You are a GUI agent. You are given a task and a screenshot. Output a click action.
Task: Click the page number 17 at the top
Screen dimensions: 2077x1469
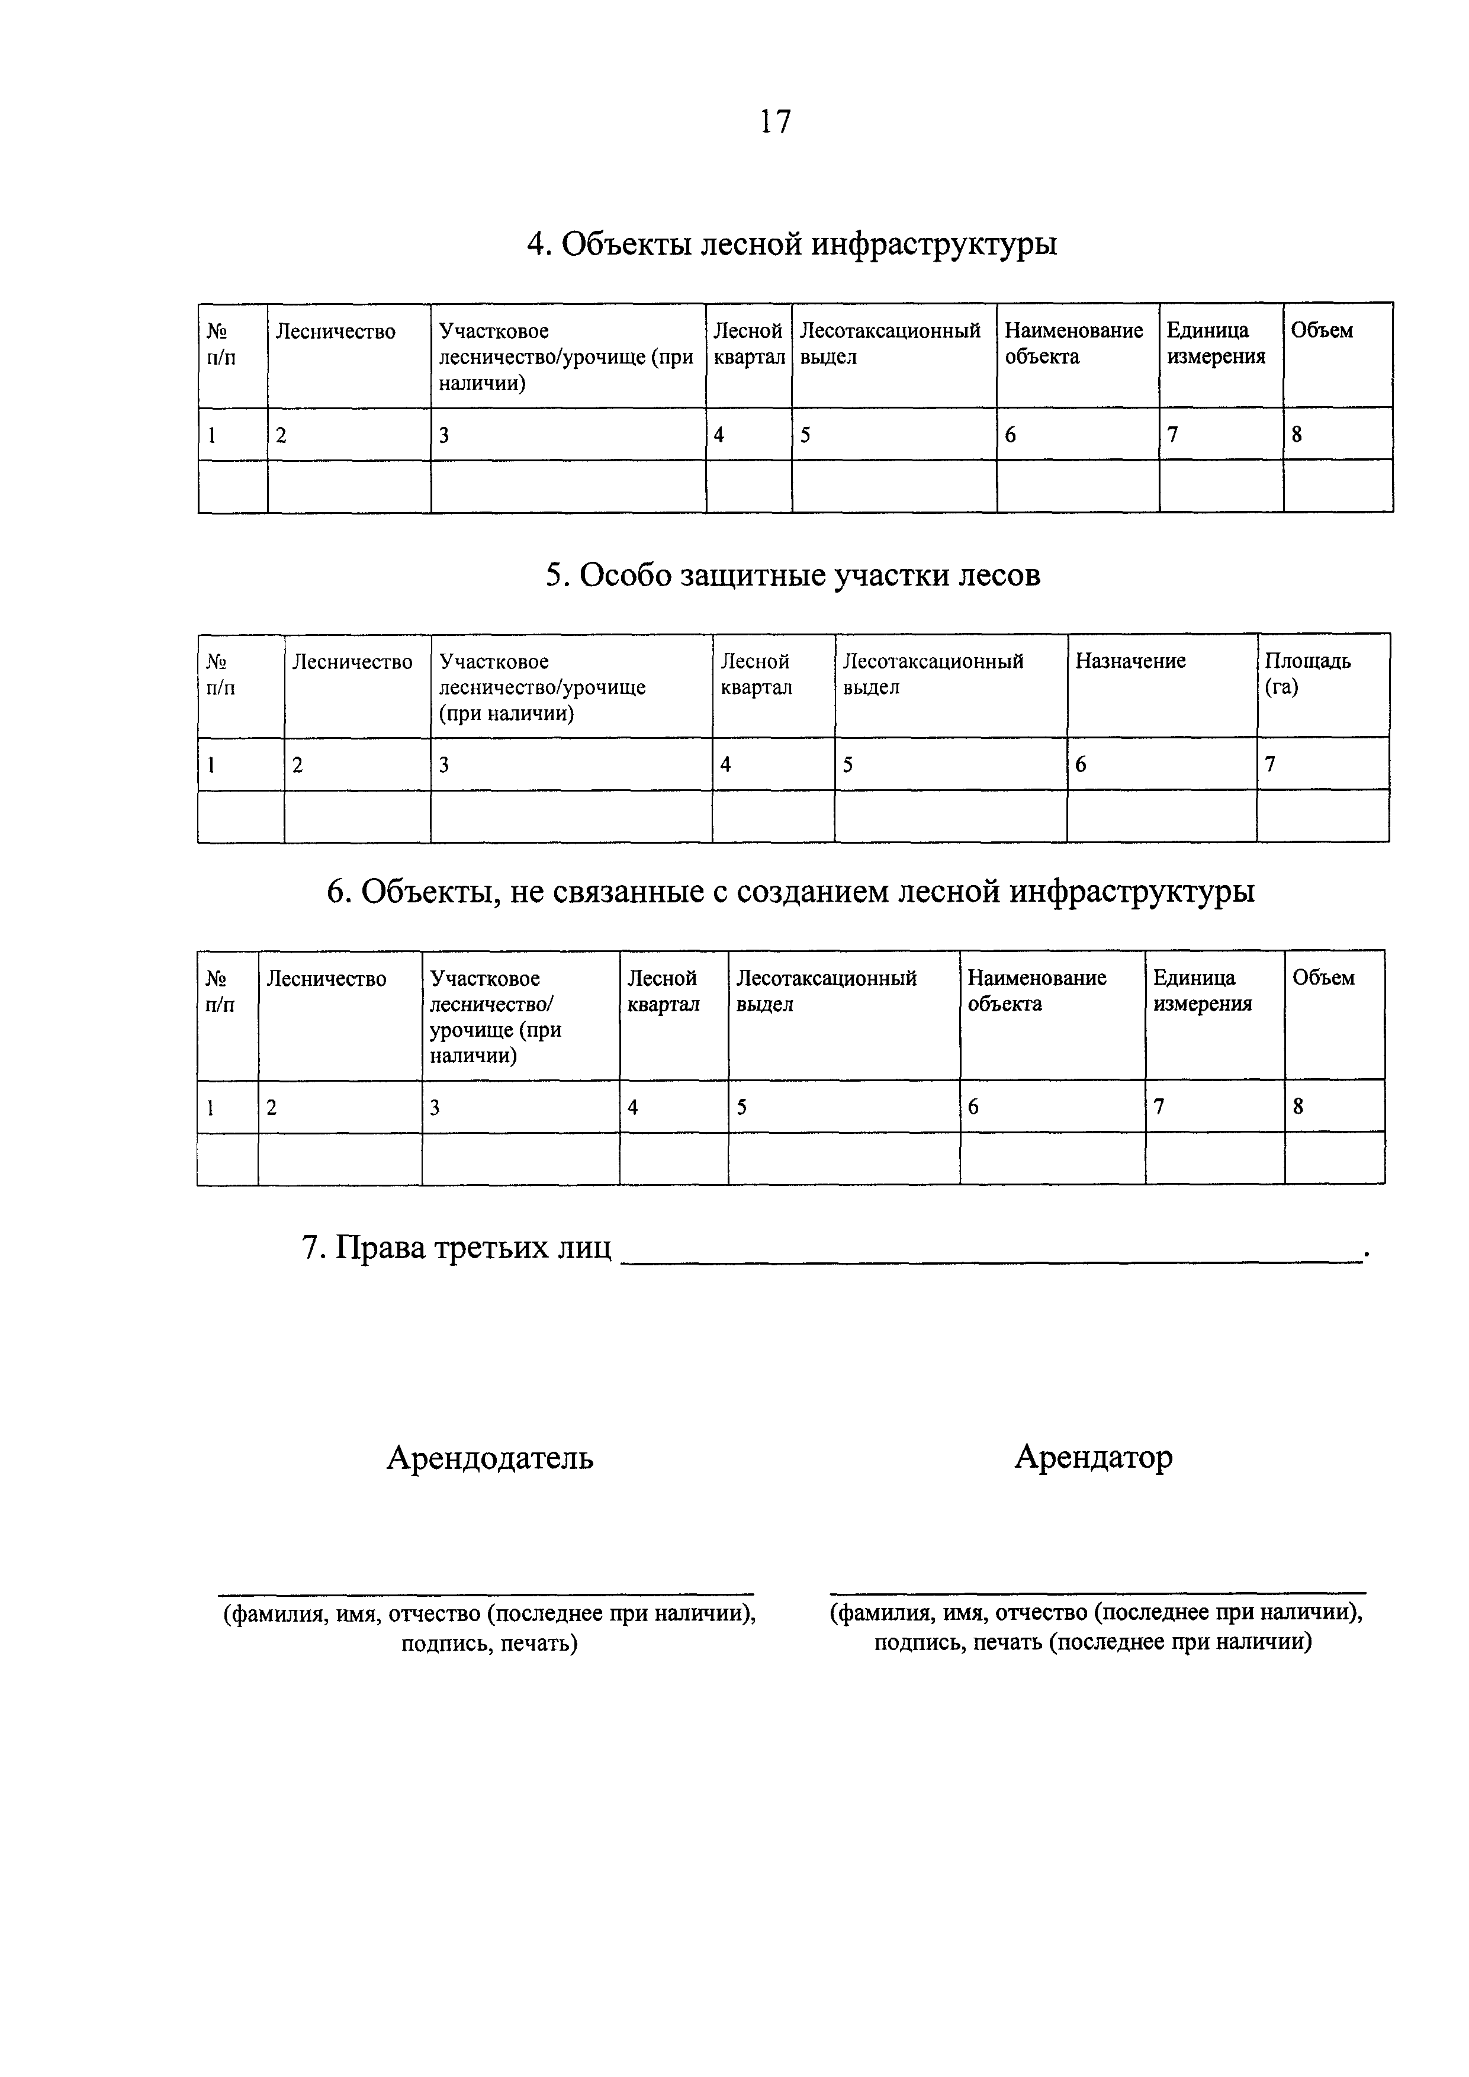775,121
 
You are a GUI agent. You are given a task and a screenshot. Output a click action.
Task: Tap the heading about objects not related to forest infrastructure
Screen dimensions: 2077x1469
790,892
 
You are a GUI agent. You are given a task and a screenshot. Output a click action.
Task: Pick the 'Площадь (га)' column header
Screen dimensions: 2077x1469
1307,674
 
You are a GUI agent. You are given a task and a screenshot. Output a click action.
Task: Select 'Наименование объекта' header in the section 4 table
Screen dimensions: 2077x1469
1073,344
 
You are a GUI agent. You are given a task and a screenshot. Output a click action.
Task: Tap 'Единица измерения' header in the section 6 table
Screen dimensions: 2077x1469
1202,991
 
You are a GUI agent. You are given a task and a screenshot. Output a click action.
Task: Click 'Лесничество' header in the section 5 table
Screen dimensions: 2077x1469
352,662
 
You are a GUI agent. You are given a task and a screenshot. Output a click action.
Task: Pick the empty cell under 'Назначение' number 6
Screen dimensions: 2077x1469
1162,817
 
